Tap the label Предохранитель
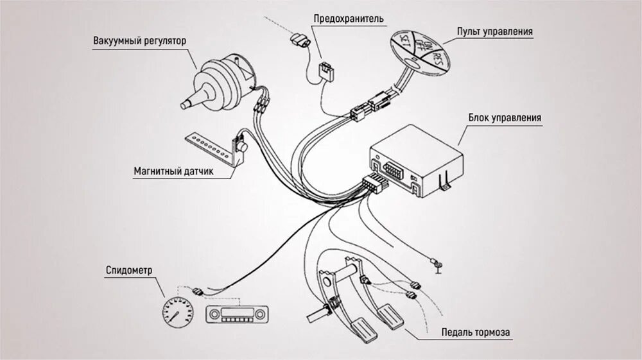[x=349, y=19]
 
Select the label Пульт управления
[x=494, y=31]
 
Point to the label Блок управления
[x=504, y=118]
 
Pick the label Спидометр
[x=128, y=270]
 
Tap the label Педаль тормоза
[x=476, y=332]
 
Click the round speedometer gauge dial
[x=177, y=313]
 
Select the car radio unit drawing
[x=237, y=314]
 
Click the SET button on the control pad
[x=405, y=43]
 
